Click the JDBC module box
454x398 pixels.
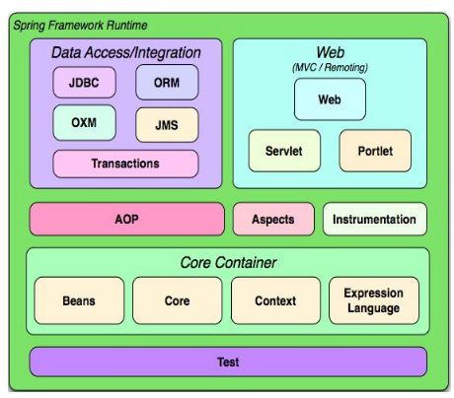84,82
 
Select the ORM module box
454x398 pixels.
167,82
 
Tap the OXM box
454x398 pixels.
84,122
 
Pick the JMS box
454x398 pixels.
167,125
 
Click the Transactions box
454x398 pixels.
125,164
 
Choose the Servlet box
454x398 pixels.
284,151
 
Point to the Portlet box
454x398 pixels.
375,151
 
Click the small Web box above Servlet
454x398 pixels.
330,99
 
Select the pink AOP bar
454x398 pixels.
127,219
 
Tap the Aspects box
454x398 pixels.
273,219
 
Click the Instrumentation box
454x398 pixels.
375,219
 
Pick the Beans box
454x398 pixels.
79,300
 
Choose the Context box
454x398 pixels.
275,300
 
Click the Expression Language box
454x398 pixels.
374,300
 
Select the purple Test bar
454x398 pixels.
228,362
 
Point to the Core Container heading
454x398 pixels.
228,263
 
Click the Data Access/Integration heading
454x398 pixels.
126,53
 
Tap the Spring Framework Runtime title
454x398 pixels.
80,26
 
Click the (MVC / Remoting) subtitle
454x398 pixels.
330,68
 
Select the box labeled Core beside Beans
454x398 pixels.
178,300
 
